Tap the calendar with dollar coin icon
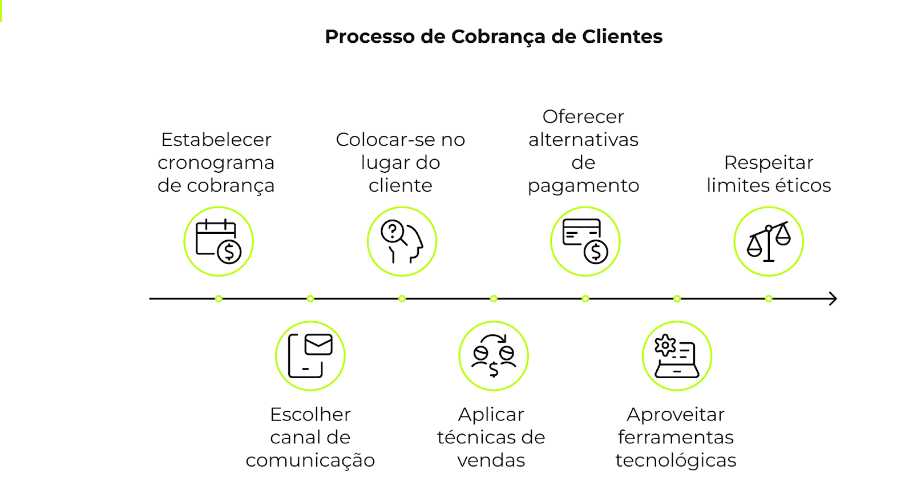click(219, 241)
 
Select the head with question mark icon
click(402, 241)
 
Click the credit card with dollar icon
click(585, 241)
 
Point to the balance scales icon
click(769, 241)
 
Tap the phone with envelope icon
click(310, 355)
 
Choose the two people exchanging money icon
click(494, 355)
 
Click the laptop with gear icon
click(677, 355)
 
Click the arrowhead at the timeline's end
click(833, 298)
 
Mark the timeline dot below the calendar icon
click(219, 298)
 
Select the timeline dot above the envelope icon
click(310, 298)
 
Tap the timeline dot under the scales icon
click(769, 298)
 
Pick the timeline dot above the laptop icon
click(677, 298)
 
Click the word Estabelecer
click(216, 140)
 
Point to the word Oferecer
click(583, 117)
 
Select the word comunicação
click(310, 460)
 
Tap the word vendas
click(491, 460)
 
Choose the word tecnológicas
click(676, 460)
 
